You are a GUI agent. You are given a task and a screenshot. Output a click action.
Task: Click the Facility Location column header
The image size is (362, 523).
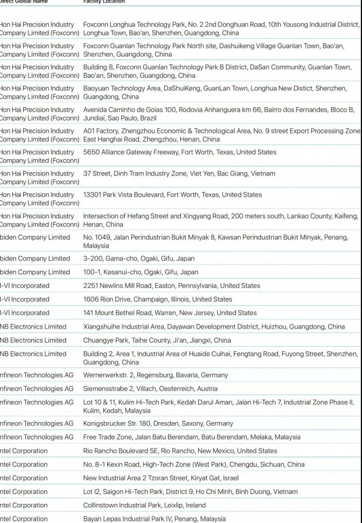104,2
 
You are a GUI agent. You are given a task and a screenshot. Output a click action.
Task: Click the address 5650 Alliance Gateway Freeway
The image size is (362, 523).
180,152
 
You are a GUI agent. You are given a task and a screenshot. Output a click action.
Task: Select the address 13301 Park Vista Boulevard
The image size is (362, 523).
172,194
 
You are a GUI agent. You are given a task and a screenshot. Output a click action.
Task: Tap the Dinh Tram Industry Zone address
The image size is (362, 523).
179,173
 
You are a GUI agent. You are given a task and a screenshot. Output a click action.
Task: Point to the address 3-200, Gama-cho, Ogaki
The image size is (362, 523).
139,259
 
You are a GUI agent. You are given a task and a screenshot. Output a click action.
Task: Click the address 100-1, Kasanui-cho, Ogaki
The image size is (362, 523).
141,272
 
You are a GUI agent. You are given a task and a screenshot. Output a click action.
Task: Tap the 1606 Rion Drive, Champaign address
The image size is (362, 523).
157,299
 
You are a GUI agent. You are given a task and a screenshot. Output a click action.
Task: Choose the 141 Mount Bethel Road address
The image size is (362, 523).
170,313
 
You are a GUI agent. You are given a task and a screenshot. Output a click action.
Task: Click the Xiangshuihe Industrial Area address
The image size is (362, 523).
214,326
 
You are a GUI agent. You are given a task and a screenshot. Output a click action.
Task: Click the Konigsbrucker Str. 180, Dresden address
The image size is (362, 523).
158,424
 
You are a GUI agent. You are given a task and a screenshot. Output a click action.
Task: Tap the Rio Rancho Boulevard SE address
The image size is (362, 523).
180,451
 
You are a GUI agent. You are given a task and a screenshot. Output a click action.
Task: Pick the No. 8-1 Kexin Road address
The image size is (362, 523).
194,464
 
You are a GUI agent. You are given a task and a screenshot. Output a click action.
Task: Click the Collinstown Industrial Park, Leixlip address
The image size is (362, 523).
144,505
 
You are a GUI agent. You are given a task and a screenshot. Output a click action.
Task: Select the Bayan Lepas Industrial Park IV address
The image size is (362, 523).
154,518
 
